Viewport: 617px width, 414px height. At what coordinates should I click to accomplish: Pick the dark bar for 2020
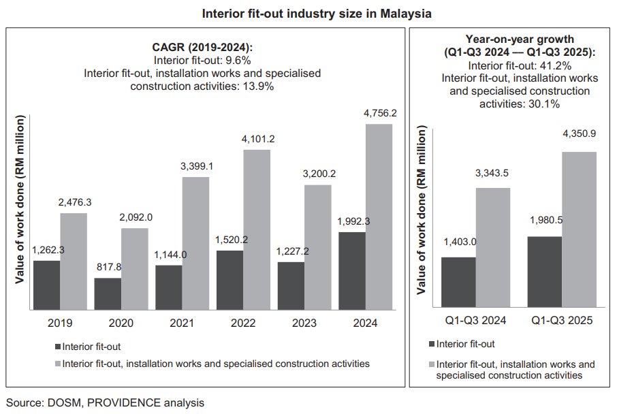pos(108,293)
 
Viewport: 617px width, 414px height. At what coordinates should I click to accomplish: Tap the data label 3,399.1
pos(195,165)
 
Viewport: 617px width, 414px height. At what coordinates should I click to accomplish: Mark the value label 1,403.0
pos(458,241)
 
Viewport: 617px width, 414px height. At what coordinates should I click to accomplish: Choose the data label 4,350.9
pos(580,134)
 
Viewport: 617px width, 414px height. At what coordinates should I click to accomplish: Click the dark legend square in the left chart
pos(57,346)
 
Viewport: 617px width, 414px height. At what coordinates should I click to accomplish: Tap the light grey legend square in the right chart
pos(432,364)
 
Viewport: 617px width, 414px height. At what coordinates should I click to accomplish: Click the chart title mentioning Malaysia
pos(308,13)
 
